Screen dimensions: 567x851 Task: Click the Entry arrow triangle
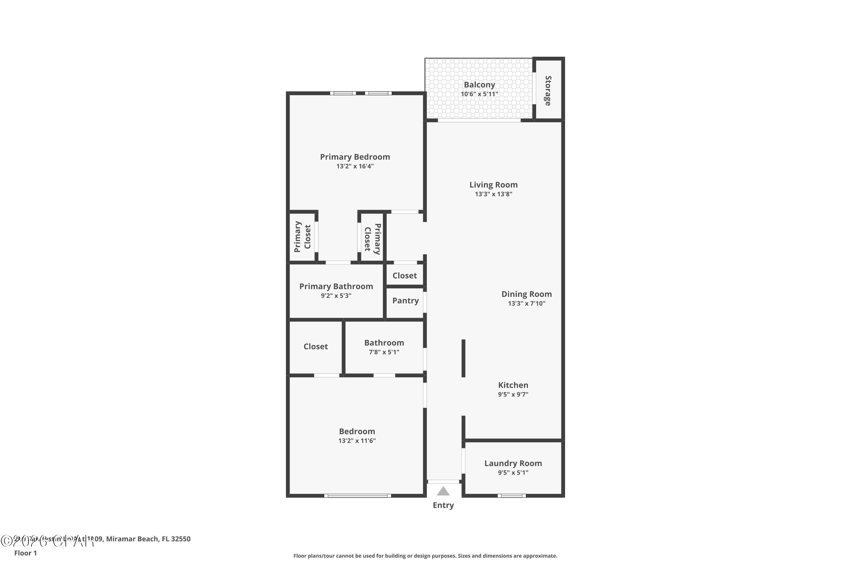coord(443,491)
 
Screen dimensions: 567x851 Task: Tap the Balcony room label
coord(479,84)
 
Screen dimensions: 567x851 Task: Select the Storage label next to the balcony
coord(548,90)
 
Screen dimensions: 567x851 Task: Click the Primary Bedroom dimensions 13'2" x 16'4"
coord(355,166)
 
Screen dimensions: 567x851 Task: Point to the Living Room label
coord(493,185)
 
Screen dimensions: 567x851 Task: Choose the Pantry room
coord(405,301)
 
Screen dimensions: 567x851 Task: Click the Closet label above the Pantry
coord(405,276)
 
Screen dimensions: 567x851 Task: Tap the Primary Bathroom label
coord(336,286)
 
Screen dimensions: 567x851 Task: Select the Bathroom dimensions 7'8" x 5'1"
coord(384,352)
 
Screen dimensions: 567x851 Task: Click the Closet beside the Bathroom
coord(315,346)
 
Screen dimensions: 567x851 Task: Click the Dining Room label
coord(526,294)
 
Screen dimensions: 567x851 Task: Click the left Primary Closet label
coord(302,237)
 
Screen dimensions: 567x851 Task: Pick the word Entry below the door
coord(443,505)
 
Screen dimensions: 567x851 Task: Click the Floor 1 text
coord(25,553)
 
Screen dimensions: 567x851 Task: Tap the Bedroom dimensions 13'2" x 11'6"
coord(357,441)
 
